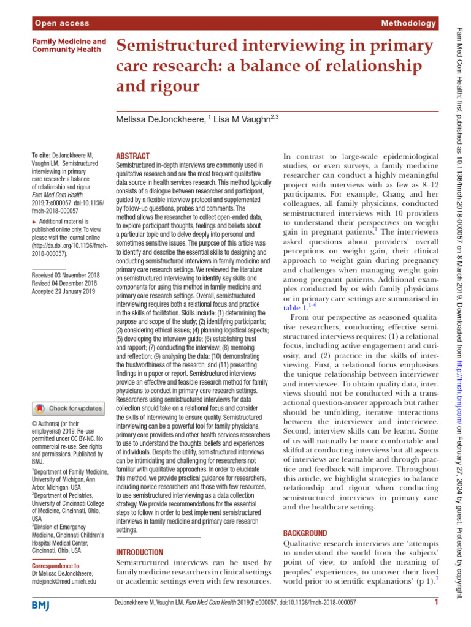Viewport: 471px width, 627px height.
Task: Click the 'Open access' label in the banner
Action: click(62, 23)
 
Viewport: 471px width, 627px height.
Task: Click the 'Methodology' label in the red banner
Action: click(408, 23)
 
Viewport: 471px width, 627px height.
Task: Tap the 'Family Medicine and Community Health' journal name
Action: click(68, 46)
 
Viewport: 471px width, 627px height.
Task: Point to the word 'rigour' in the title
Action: click(179, 86)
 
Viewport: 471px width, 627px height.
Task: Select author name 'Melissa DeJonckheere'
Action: click(160, 121)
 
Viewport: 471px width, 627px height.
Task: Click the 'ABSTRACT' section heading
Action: click(132, 157)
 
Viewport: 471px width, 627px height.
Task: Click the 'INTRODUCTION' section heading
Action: click(139, 552)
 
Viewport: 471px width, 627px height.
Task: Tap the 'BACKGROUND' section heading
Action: click(305, 533)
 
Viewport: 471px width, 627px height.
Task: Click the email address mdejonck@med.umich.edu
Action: click(64, 582)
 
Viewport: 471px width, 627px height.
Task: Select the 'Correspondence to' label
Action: click(55, 566)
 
